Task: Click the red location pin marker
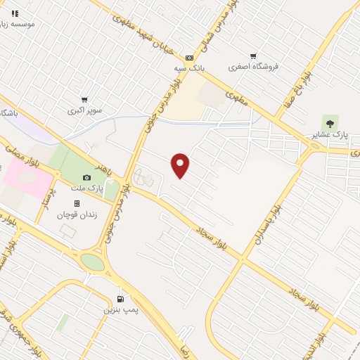point(181,165)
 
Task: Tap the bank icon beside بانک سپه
point(189,58)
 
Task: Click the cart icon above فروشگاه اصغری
point(253,56)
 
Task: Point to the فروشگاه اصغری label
point(253,67)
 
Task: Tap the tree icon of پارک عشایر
point(326,122)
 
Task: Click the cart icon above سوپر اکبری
point(85,100)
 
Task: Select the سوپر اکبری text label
point(84,111)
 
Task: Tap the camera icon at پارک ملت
point(86,178)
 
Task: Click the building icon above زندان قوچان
point(77,203)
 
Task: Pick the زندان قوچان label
point(76,214)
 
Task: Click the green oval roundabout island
point(92,262)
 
